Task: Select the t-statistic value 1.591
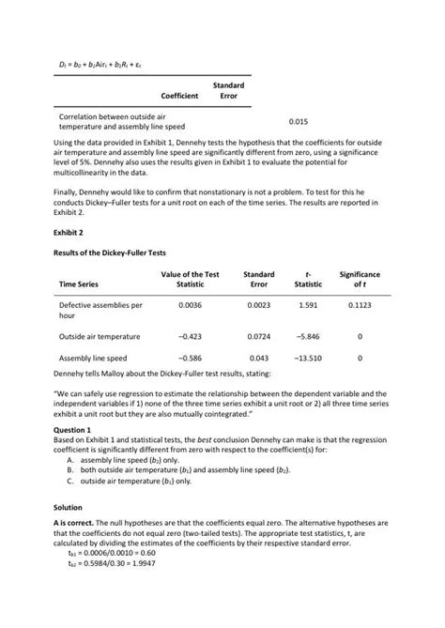coord(307,305)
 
